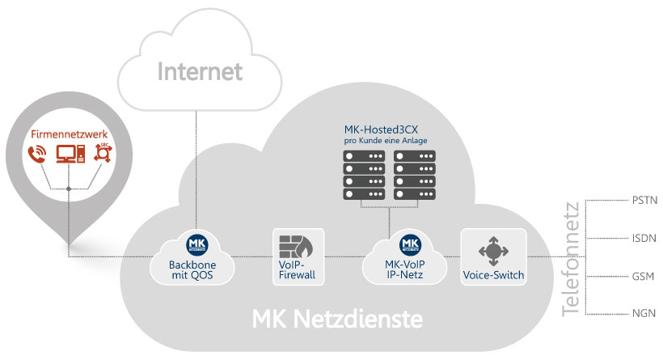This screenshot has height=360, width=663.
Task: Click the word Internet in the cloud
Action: coord(199,72)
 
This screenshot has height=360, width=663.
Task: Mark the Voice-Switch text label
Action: coord(492,275)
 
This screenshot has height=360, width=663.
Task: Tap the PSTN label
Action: coord(644,199)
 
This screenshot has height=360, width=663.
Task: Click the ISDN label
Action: coord(644,238)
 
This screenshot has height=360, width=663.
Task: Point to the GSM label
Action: coord(644,276)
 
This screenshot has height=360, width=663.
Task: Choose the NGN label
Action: coord(644,313)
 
